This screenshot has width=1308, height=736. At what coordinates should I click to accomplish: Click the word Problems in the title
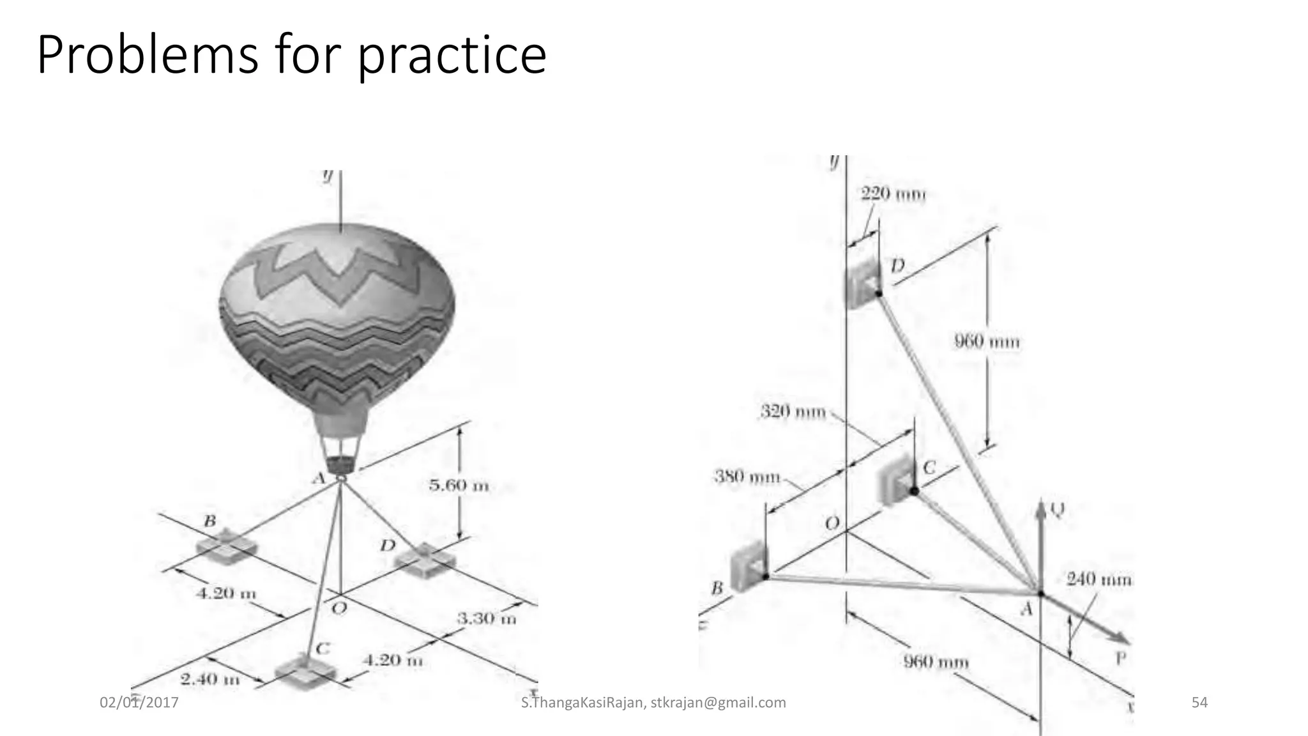click(147, 56)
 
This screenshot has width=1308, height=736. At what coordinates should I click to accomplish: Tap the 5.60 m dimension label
click(459, 486)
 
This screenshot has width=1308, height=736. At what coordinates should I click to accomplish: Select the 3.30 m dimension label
click(486, 618)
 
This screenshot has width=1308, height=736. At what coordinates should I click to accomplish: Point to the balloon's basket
click(342, 464)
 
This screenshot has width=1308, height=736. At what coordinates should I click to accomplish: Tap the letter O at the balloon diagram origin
click(339, 608)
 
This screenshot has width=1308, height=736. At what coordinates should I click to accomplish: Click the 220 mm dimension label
click(893, 194)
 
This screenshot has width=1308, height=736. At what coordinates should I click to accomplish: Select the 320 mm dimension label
click(793, 411)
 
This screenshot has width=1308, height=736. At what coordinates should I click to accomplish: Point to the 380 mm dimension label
click(747, 477)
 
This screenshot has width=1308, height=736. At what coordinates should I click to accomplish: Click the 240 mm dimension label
click(1099, 579)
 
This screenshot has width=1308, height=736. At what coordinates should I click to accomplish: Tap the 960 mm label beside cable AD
click(987, 341)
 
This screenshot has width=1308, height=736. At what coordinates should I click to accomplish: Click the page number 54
click(1199, 703)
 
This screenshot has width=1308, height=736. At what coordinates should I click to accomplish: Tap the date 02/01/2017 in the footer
click(139, 703)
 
